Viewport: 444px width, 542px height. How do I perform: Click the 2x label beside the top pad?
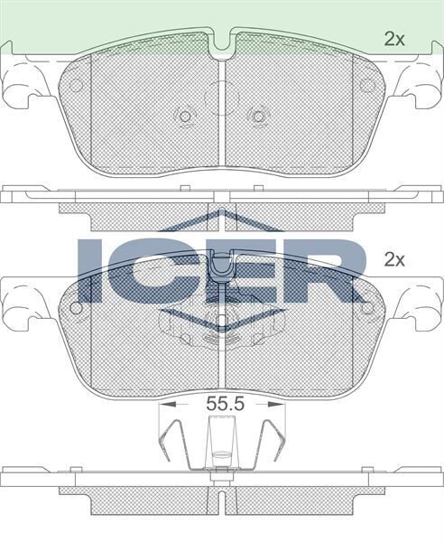(394, 38)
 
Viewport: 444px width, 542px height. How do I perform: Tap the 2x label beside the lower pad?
(394, 259)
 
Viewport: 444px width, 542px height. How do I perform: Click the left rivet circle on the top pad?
(185, 116)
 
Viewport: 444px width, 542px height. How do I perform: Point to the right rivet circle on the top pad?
(259, 116)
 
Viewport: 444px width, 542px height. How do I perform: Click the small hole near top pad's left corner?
(77, 86)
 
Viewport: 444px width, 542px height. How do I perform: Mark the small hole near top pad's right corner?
(368, 86)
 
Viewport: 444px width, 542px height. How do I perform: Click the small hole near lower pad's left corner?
(77, 307)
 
